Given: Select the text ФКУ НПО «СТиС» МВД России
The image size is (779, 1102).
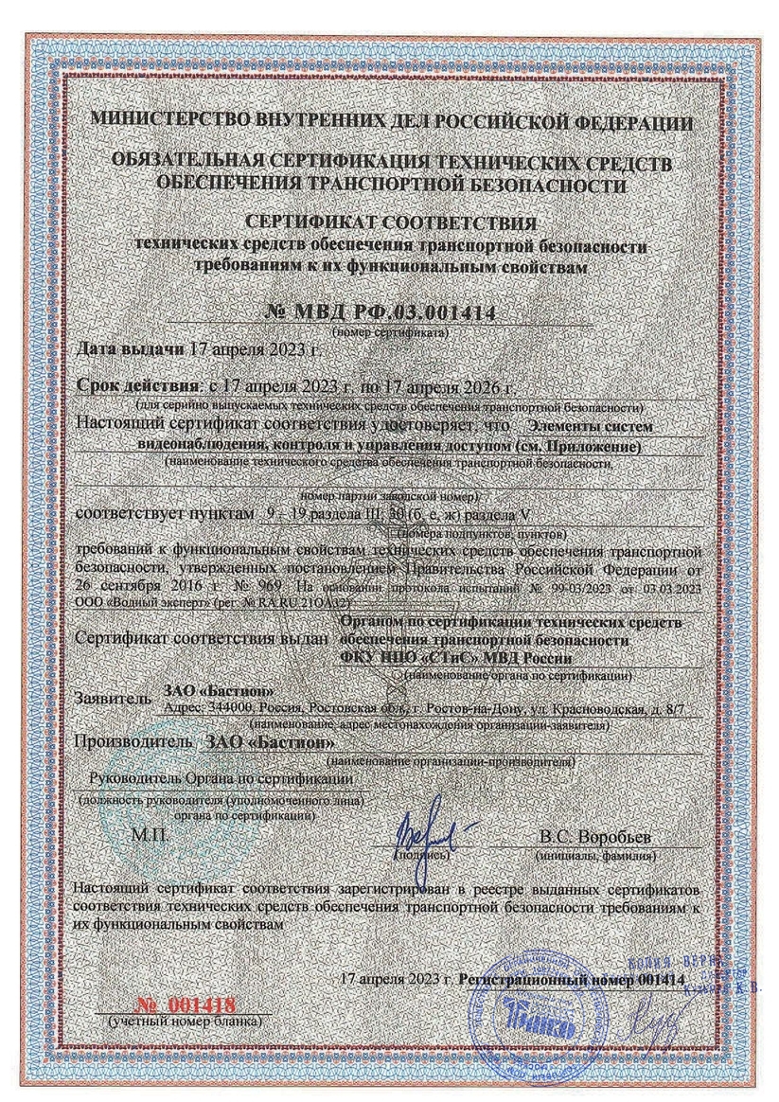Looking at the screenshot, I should click(455, 657).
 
